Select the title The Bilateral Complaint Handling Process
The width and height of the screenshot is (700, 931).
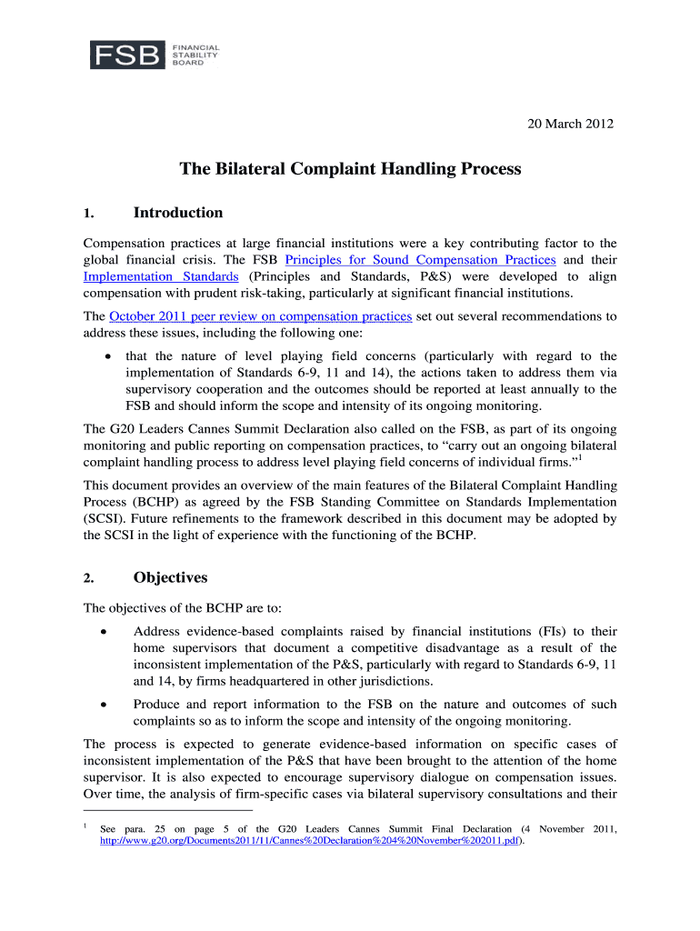350,169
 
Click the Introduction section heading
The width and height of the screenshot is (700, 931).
177,213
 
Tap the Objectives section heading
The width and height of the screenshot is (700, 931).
170,577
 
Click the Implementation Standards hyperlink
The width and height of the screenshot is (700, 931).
161,276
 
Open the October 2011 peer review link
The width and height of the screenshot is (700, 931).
261,316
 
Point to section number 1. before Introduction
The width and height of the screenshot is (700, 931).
88,215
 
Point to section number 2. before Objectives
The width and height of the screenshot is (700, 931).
88,579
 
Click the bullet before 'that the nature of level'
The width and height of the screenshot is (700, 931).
109,356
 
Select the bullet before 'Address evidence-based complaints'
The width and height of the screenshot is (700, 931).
107,631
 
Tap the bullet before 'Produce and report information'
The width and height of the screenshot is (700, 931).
107,705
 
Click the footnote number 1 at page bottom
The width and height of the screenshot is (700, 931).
85,826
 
